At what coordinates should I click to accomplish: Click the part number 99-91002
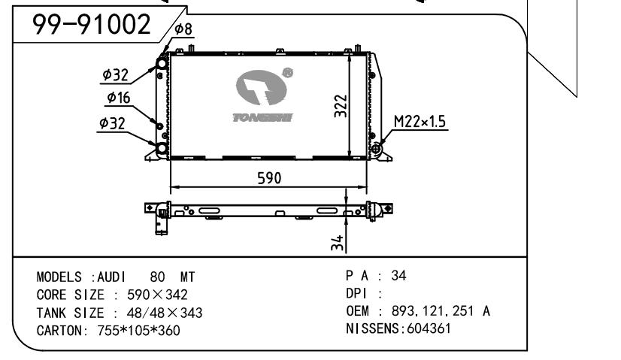(92, 24)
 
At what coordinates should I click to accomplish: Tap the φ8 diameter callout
(183, 29)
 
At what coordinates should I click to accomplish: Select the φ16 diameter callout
(119, 98)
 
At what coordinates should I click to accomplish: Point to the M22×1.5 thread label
(420, 121)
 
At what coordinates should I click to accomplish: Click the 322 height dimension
(341, 106)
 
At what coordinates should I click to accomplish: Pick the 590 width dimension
(269, 178)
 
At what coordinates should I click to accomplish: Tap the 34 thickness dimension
(337, 243)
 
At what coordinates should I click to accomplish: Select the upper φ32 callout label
(115, 74)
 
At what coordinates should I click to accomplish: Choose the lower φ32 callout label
(112, 123)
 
